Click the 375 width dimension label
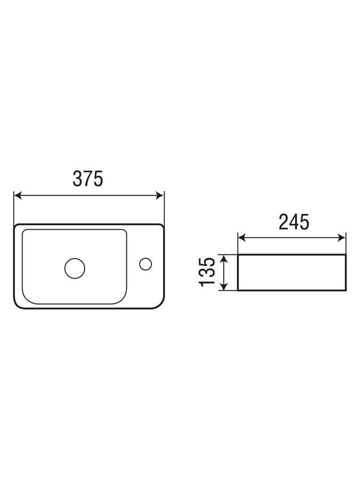tap(88, 179)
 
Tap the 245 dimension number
tap(294, 222)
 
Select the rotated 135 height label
tap(207, 272)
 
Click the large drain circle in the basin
tap(75, 268)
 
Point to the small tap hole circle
tap(146, 264)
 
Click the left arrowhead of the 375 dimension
tap(18, 195)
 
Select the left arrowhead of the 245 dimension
tap(242, 237)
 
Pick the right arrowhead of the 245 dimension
tap(342, 237)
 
